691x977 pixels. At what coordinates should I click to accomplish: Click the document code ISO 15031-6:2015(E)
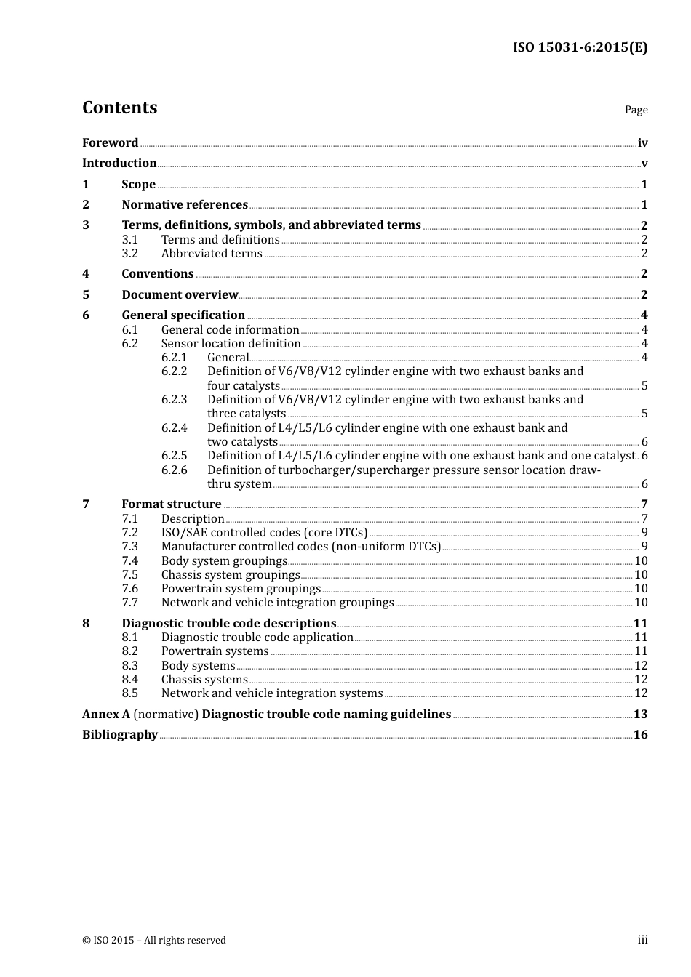(580, 48)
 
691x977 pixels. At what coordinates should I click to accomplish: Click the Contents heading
(119, 108)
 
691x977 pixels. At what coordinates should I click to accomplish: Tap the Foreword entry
(110, 143)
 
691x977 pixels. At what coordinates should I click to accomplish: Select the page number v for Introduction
(644, 164)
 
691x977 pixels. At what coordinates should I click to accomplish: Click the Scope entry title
(138, 185)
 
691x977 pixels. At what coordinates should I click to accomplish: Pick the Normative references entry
(185, 205)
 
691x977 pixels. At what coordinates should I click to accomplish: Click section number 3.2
(129, 254)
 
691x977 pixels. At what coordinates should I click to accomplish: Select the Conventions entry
(158, 274)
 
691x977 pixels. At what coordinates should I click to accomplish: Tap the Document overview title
(180, 295)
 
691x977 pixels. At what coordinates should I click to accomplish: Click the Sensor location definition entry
(231, 344)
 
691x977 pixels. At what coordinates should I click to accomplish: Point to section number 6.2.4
(174, 428)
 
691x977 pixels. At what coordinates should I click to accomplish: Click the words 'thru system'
(239, 484)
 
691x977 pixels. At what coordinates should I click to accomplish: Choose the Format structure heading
(172, 504)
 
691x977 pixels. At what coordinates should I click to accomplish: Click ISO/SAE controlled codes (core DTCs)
(264, 533)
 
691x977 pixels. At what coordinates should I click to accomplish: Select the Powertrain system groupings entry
(241, 589)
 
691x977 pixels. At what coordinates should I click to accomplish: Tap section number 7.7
(129, 603)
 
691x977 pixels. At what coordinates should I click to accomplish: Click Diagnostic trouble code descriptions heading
(228, 624)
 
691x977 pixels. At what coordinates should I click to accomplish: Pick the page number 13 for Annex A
(640, 715)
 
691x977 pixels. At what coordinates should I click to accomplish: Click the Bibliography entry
(120, 735)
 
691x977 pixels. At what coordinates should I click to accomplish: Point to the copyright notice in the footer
(154, 941)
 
